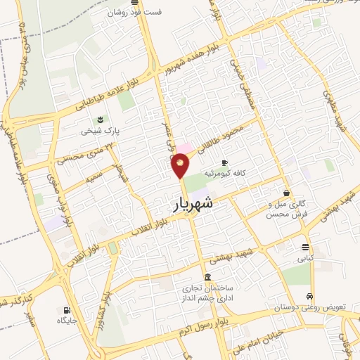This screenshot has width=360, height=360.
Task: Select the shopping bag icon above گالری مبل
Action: [x=287, y=192]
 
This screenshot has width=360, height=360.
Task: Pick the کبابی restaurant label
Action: [x=304, y=259]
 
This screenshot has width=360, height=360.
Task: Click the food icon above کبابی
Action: [x=304, y=247]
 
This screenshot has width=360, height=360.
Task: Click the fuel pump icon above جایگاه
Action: [x=67, y=310]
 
